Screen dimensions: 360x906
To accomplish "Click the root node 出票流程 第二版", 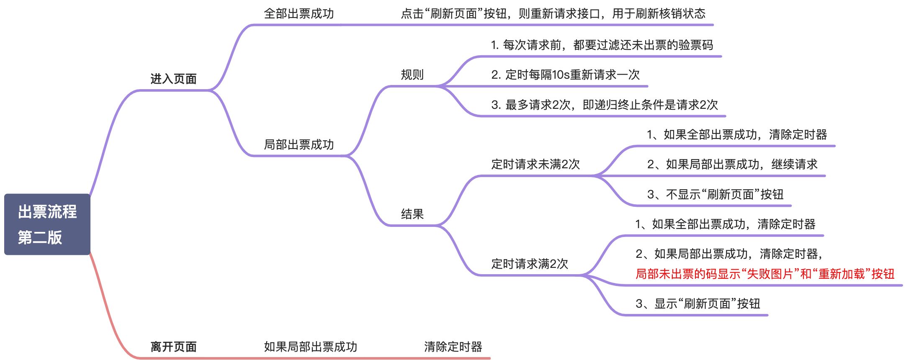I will [x=47, y=224].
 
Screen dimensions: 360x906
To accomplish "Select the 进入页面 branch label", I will [x=173, y=79].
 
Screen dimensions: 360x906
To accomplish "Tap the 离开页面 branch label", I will [x=173, y=347].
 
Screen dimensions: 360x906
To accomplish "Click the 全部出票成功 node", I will [x=299, y=14].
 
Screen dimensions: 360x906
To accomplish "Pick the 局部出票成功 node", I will [x=299, y=145].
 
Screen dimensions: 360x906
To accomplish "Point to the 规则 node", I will [x=412, y=75].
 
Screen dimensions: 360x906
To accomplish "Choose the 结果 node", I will [x=412, y=214].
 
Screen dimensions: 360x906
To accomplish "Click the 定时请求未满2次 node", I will [x=535, y=165].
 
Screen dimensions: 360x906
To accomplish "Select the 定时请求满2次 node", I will [x=530, y=264].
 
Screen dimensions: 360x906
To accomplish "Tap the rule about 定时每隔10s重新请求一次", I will [x=565, y=75].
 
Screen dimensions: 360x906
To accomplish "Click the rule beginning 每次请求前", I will [x=602, y=45].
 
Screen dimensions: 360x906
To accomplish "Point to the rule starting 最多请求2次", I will [x=604, y=105].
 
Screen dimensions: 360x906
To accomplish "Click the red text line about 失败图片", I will [x=764, y=274].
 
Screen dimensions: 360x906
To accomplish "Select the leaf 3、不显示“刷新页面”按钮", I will [x=715, y=195].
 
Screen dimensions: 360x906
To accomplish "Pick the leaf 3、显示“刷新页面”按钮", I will [x=698, y=304].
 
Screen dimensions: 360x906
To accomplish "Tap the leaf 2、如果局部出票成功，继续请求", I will [x=732, y=165].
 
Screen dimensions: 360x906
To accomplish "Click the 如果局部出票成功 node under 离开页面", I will [x=310, y=347].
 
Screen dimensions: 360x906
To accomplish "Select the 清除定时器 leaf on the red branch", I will [x=453, y=347].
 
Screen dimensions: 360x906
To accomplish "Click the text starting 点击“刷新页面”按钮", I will [x=553, y=14].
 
